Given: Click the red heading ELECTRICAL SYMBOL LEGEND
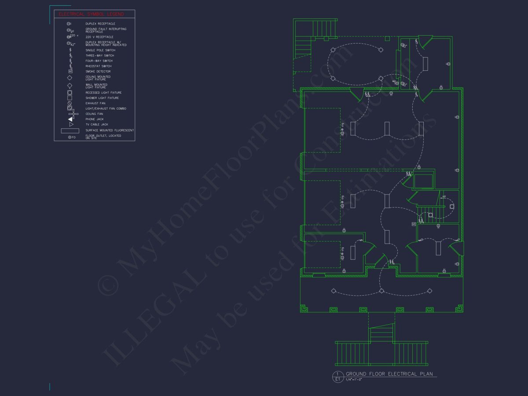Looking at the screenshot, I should tap(91, 14).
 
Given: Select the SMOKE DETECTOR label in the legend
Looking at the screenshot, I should tap(98, 71).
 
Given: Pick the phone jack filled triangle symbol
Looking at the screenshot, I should tap(70, 119).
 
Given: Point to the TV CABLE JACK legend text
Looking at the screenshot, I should tap(96, 125).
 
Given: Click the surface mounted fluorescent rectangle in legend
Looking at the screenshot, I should tap(70, 131).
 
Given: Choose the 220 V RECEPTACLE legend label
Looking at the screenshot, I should tap(99, 37).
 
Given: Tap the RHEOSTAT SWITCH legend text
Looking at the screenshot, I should tap(99, 66).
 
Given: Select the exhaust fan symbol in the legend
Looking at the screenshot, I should tap(70, 103).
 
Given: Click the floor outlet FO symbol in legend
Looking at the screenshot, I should tap(71, 137).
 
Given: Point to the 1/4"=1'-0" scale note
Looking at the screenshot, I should tap(354, 379).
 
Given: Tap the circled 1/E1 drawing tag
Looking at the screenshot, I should tap(338, 376).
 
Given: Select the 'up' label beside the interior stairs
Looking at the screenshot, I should tap(444, 196).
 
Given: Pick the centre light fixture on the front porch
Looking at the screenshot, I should tap(381, 291).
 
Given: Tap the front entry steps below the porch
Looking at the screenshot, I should tap(381, 333).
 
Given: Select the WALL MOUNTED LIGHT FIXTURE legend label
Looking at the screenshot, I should tap(96, 86).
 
